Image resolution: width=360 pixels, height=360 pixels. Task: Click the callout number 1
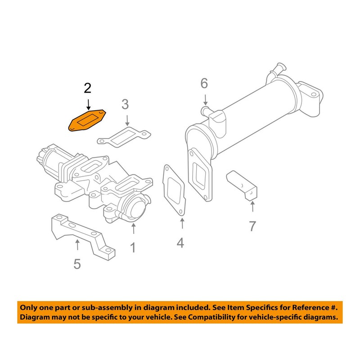click(133, 247)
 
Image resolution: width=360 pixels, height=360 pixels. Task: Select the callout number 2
click(88, 88)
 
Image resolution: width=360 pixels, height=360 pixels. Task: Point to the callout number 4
click(180, 243)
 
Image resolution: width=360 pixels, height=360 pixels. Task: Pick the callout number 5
click(77, 263)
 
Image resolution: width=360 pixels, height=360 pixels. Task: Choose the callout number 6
click(204, 83)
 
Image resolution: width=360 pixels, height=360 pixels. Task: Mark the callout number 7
click(252, 225)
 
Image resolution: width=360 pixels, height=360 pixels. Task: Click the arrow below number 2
click(88, 104)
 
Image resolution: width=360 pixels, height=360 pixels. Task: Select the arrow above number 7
click(252, 207)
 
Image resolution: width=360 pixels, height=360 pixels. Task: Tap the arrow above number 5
click(77, 245)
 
